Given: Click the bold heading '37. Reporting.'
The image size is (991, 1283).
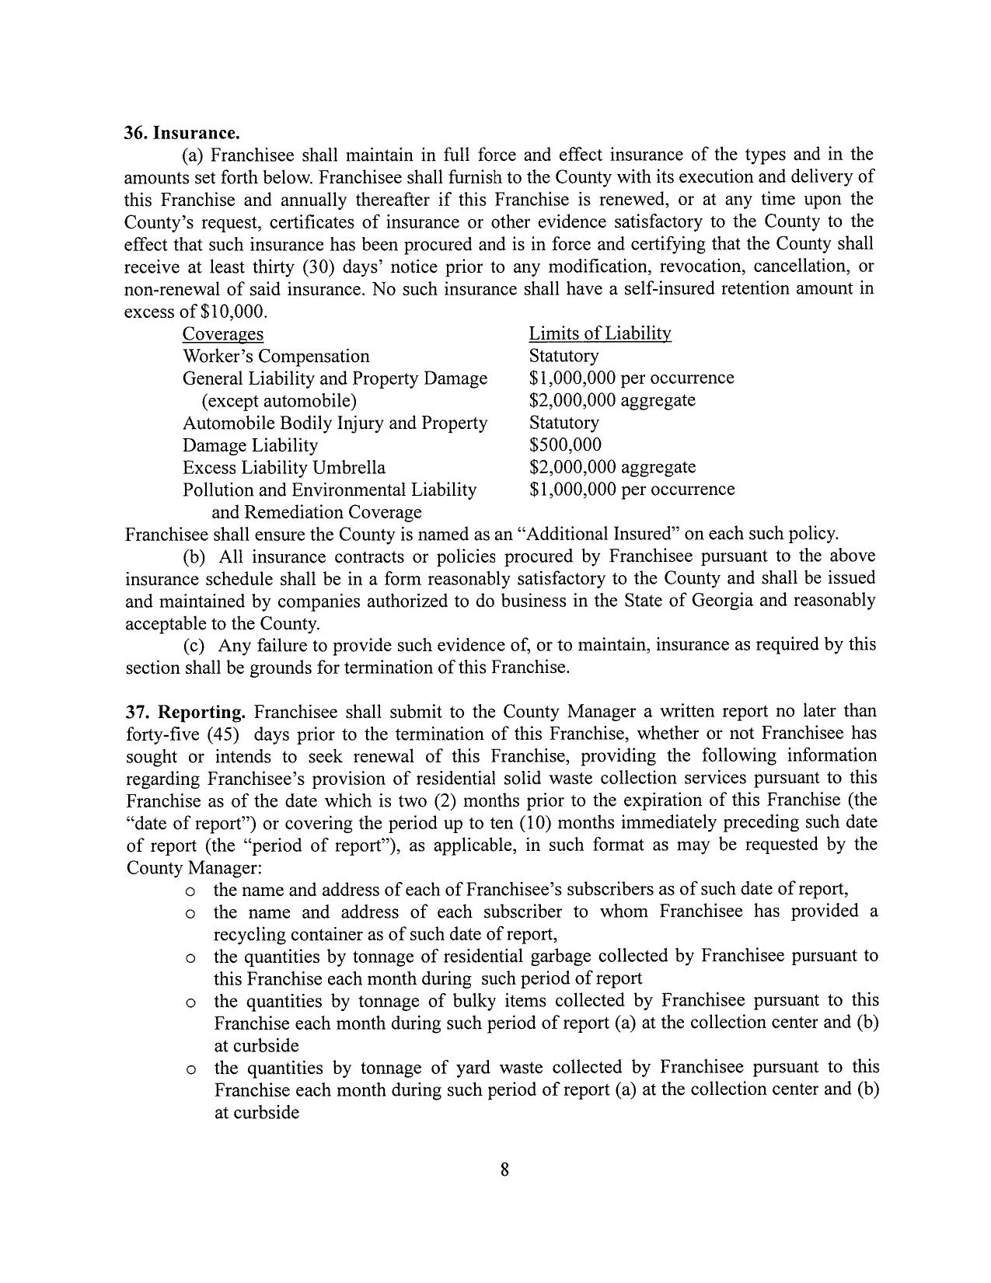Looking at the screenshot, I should pos(186,712).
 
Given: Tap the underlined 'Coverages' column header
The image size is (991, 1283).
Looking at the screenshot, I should pos(222,334).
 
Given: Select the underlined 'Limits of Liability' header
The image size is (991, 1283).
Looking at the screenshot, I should pos(600,333).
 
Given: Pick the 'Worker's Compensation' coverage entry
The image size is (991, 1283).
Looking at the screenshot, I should pos(276,357).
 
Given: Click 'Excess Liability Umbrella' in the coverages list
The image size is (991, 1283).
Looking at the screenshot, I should pos(284,468).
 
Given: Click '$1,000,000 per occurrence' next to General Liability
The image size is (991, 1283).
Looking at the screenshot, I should pos(631,378).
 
